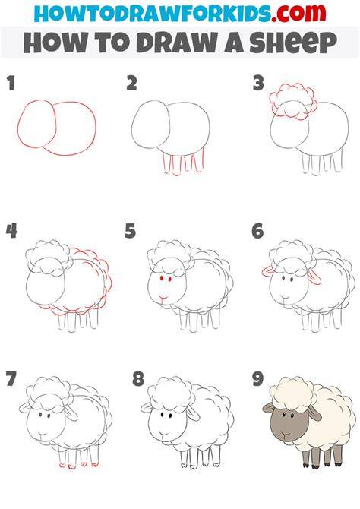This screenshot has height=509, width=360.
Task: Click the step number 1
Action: point(11,83)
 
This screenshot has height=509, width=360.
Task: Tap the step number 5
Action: point(130,231)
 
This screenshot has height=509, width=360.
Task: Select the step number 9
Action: point(257,379)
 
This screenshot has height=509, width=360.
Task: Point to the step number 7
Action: point(11,379)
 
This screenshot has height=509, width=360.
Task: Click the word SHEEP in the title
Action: point(293,43)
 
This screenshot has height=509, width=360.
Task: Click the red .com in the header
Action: point(298,14)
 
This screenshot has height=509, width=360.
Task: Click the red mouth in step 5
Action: point(163,297)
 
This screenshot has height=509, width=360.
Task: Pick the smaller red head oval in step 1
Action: point(36,124)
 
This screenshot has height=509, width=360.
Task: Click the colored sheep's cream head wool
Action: point(293,394)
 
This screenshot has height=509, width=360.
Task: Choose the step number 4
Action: point(11,231)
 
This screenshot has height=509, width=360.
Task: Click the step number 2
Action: point(131,83)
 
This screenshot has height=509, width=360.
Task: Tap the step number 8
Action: point(138,379)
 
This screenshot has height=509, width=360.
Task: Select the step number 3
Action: point(258,83)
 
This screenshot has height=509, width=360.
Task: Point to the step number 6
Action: point(257,231)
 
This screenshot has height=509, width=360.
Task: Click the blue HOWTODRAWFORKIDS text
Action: point(152,14)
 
